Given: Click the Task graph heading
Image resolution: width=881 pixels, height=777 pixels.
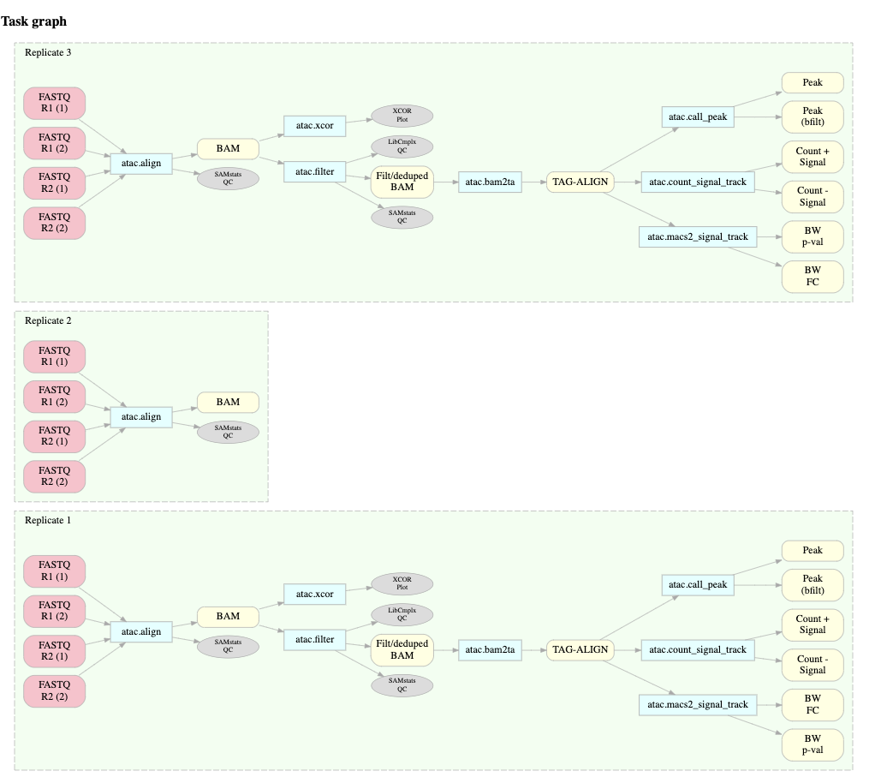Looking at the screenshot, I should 34,21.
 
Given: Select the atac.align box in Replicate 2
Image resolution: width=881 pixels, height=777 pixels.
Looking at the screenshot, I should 141,417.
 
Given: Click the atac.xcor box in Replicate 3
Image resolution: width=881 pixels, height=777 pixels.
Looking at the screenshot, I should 314,126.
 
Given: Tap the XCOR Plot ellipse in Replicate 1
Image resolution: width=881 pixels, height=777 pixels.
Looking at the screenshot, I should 402,583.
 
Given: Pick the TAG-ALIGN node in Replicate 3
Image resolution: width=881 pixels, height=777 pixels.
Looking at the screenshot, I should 578,181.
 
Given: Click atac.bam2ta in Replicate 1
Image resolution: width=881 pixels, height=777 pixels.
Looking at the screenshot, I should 490,649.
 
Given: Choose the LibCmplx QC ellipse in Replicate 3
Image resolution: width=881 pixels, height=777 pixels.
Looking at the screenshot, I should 402,146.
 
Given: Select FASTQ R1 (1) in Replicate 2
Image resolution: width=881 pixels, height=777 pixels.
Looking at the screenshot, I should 55,356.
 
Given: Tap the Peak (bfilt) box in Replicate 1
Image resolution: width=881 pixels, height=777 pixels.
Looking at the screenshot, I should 813,584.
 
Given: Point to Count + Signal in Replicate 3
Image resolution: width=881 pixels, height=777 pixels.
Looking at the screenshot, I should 813,156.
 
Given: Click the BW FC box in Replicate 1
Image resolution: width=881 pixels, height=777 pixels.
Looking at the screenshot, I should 813,704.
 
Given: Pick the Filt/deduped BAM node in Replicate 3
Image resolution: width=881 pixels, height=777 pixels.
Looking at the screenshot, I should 402,181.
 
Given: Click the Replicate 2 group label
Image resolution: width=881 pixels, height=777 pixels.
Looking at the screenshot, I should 48,320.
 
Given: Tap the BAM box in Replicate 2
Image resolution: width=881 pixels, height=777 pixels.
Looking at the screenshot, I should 228,402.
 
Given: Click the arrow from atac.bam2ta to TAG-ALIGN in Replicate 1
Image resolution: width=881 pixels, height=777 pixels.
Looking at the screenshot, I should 533,649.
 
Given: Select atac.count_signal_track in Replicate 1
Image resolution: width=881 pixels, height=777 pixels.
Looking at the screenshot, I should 698,649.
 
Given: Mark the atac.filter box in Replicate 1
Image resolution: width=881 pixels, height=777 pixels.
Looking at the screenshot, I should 314,638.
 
